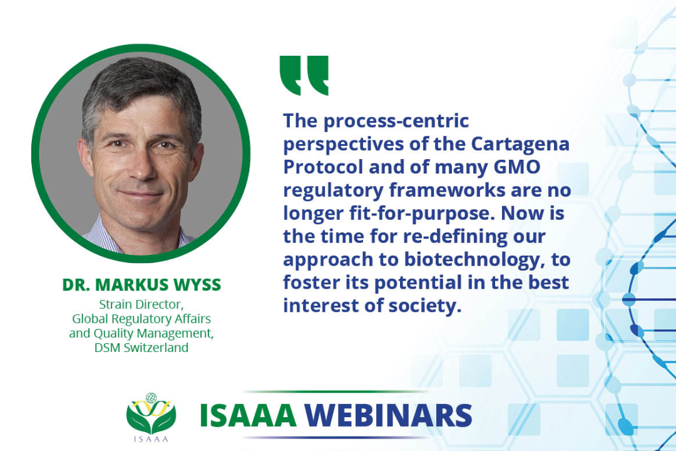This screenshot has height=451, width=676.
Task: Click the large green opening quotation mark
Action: coord(304,75)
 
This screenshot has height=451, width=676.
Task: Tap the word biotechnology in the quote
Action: coord(471,260)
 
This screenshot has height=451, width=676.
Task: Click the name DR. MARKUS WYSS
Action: coord(141,285)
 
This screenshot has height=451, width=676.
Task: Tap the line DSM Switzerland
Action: coord(141,348)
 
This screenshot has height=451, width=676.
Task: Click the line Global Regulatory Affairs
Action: coord(141,318)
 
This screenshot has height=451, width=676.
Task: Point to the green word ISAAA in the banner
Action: coord(248,415)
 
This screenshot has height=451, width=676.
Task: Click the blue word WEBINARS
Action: coord(388,415)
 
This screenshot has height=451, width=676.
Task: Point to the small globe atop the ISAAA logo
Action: coord(151,398)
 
